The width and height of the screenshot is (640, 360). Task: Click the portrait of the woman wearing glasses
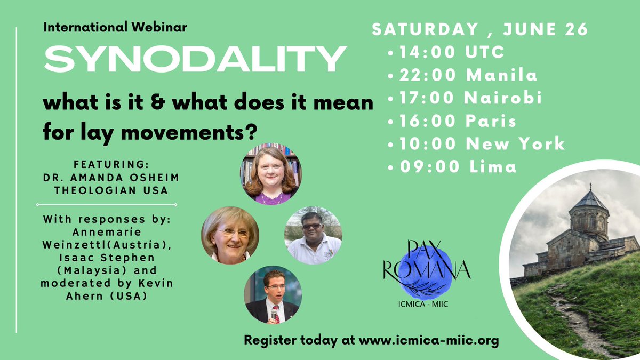(x=230, y=235)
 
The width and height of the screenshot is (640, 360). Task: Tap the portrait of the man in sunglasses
(x=313, y=235)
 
